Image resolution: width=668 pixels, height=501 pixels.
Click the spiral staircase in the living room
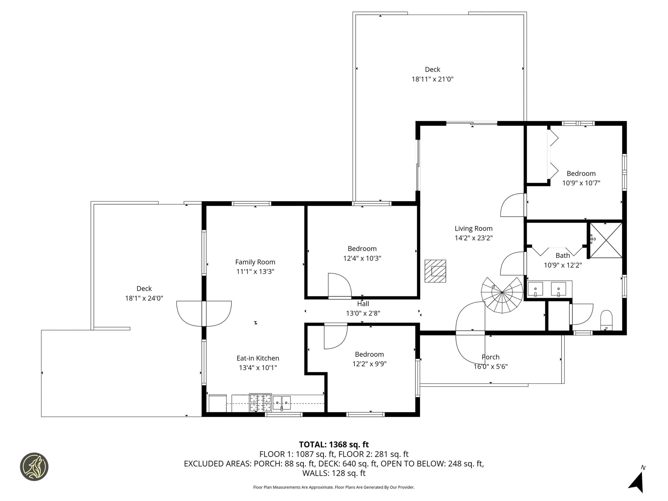502,295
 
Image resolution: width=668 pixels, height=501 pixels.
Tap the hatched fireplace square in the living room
435,271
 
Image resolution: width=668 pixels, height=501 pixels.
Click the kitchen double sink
281,403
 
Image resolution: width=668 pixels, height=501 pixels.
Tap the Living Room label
474,229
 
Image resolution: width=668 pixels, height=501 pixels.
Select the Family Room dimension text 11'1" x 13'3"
255,272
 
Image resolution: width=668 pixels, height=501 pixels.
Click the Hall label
363,304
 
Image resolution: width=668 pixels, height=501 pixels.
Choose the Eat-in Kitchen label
258,358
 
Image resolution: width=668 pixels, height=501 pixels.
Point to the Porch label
491,357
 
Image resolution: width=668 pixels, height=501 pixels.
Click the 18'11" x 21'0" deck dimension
432,79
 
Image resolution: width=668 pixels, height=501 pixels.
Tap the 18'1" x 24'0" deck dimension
144,298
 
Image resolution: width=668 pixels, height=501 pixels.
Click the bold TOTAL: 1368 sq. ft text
334,445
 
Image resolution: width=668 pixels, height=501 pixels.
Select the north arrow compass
637,481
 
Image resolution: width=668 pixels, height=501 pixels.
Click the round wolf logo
34,467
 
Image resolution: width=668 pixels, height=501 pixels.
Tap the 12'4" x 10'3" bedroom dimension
362,259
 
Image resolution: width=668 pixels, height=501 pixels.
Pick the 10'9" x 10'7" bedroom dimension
581,183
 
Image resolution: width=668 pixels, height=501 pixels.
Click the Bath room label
563,255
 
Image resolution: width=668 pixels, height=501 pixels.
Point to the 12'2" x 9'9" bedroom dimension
369,364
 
